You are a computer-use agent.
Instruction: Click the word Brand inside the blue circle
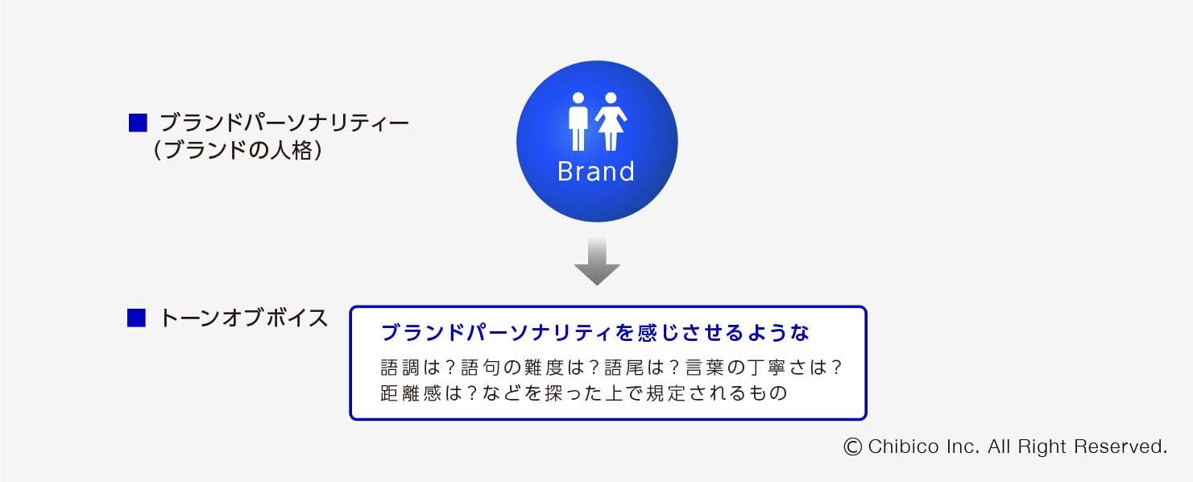(x=596, y=172)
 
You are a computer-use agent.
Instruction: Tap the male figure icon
(x=578, y=122)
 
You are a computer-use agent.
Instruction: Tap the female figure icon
(x=611, y=122)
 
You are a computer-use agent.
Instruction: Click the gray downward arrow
(x=597, y=262)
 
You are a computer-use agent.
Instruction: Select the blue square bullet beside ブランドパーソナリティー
(x=138, y=123)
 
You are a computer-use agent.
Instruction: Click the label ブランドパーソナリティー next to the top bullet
(x=284, y=123)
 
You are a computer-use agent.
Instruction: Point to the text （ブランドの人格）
(x=238, y=150)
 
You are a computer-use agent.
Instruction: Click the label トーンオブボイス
(x=244, y=318)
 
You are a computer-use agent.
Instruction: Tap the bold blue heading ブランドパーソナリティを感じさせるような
(x=595, y=333)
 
